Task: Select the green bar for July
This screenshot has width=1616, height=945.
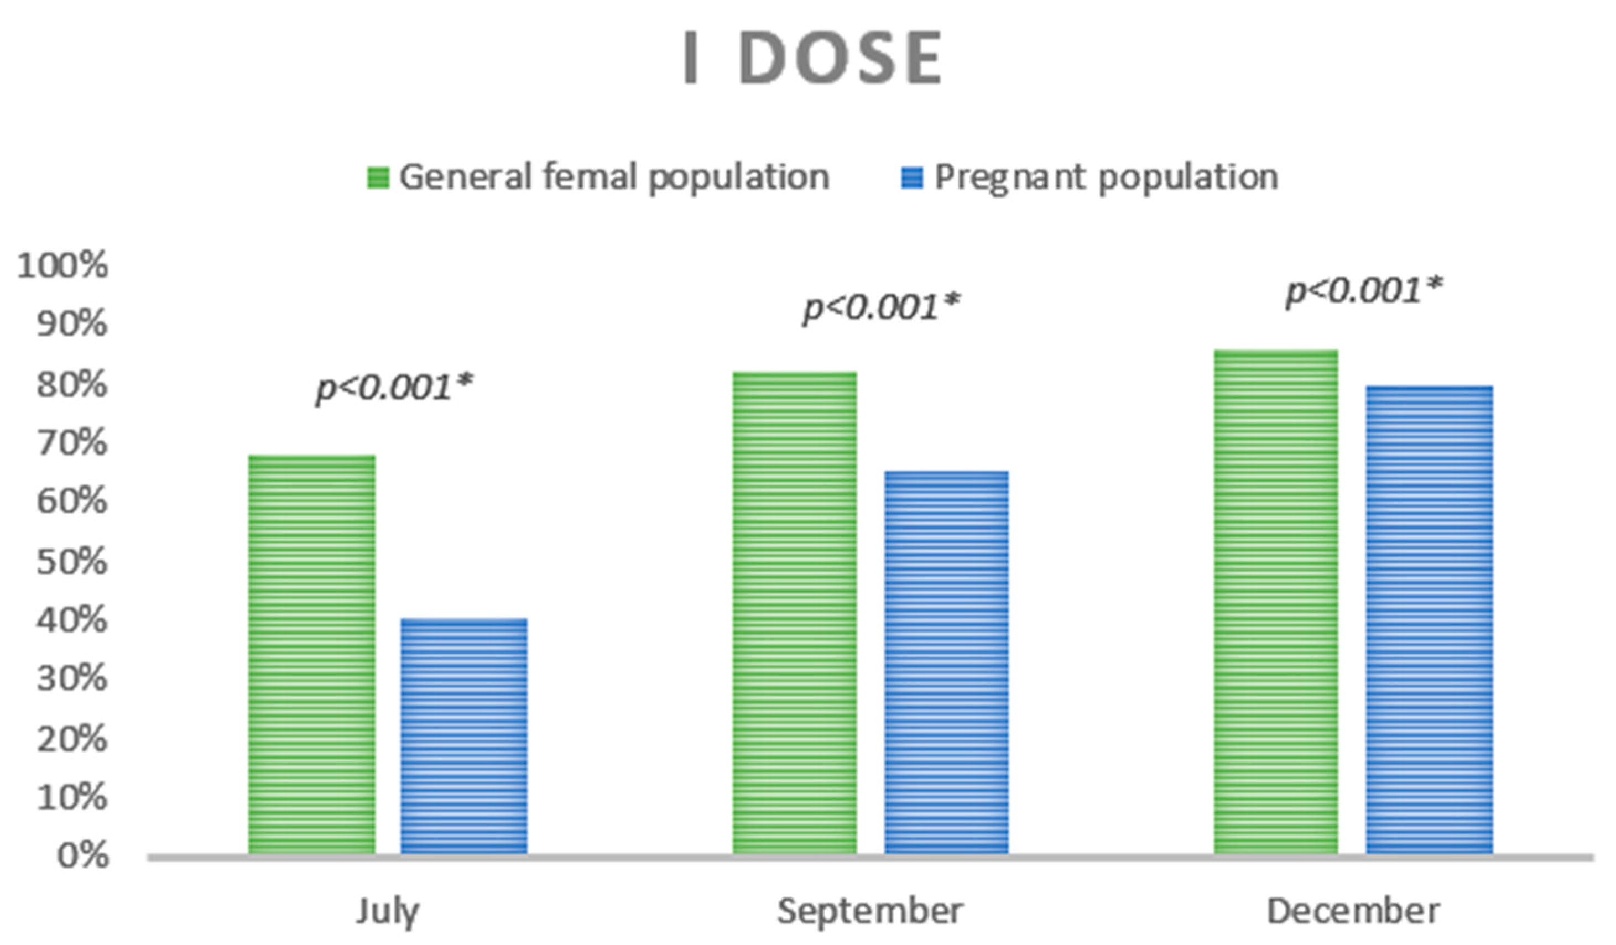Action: point(312,654)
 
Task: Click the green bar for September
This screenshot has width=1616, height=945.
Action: point(795,612)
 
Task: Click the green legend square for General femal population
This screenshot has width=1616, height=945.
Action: point(378,177)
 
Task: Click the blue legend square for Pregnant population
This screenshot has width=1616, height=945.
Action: point(912,177)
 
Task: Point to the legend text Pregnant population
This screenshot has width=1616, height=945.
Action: point(1106,177)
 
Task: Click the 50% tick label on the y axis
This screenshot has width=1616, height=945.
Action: point(72,562)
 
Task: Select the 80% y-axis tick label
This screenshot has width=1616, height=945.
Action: point(72,385)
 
